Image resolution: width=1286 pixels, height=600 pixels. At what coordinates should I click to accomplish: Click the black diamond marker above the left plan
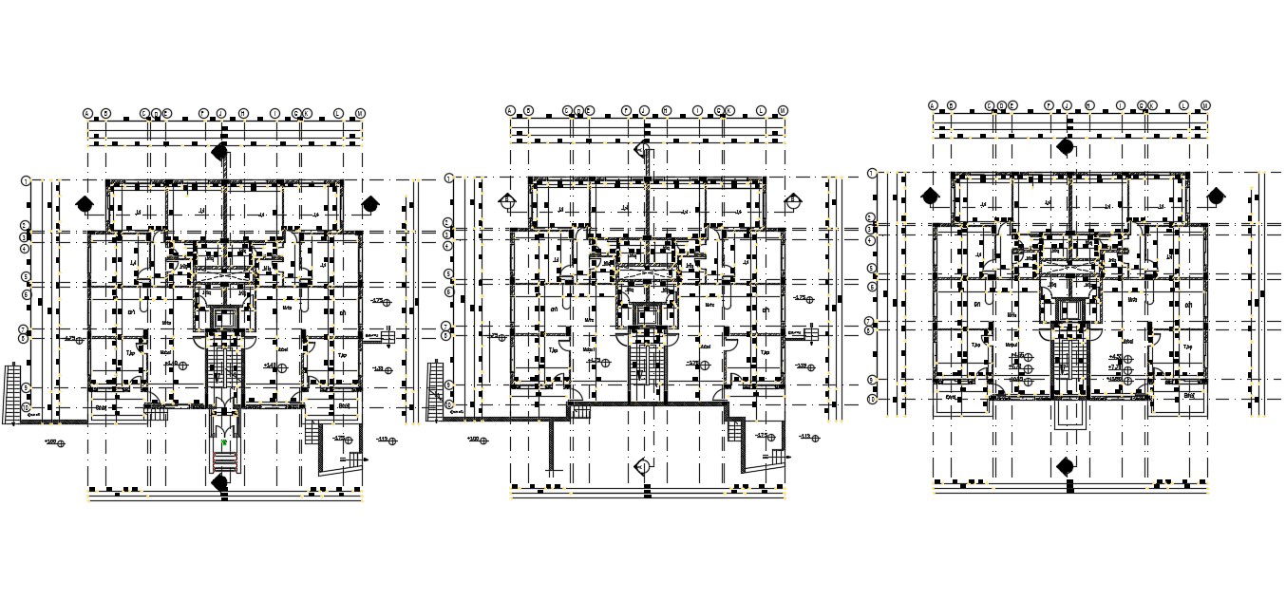220,152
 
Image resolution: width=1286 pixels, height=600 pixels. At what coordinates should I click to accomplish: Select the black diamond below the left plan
220,483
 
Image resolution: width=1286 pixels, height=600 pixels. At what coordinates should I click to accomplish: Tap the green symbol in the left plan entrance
223,442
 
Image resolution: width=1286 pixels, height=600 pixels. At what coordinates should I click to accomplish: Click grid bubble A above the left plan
88,113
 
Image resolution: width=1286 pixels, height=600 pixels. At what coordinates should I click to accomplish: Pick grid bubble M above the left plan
360,113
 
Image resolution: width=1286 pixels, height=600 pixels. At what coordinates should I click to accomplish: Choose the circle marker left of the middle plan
508,200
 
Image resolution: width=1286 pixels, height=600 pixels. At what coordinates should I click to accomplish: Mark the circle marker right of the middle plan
793,200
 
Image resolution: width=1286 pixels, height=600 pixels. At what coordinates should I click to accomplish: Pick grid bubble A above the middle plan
511,110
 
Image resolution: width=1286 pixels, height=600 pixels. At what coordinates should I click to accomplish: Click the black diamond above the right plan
1066,146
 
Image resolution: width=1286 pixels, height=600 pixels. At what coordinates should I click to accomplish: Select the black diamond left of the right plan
930,196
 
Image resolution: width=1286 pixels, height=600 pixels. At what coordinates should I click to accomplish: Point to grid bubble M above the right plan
1205,105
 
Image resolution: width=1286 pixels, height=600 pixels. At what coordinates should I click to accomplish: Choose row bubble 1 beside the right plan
871,173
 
